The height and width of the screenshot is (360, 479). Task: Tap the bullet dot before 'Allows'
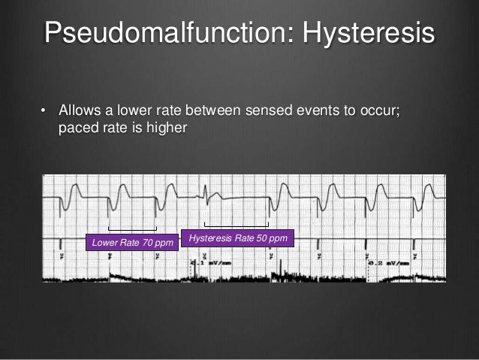point(43,112)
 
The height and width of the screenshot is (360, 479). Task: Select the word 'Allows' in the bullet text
point(81,112)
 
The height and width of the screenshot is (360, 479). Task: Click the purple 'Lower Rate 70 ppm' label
point(132,244)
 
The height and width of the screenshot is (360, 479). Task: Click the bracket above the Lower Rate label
point(132,229)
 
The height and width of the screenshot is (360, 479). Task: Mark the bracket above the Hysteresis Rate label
point(237,225)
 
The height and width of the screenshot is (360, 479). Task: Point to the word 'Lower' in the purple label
point(105,244)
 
